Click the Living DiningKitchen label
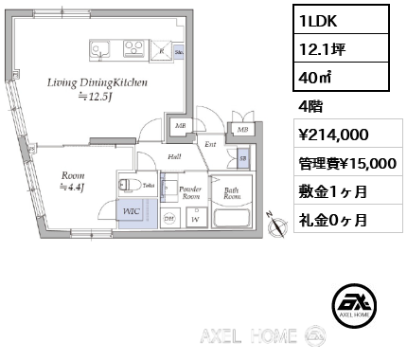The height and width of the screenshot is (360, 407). pos(97,83)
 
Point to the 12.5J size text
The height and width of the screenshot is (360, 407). pos(97,98)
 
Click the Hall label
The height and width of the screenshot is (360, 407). pos(174,157)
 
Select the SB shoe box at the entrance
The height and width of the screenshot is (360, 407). pos(243,157)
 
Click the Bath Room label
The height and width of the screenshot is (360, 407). pos(231,194)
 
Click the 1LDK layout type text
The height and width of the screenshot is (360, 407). pos(311,19)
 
